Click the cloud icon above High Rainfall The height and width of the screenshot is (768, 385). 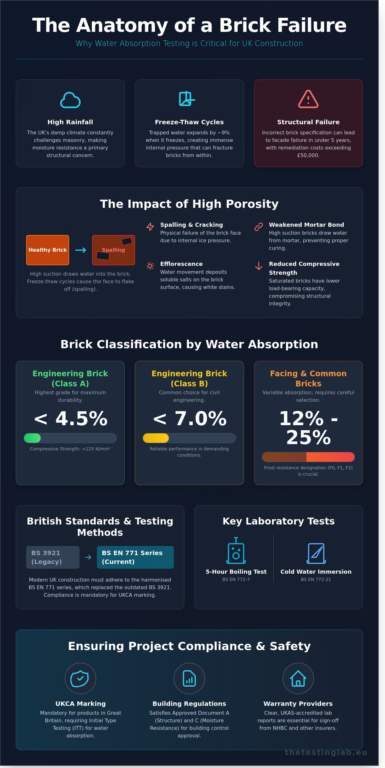pos(70,100)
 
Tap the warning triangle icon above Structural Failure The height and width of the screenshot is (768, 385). pos(308,99)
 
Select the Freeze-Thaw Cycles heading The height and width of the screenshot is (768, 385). pos(189,122)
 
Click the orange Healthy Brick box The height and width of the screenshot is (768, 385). pos(48,250)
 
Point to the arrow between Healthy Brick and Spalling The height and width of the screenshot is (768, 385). pos(80,250)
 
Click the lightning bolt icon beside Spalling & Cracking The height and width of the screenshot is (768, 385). pos(150,226)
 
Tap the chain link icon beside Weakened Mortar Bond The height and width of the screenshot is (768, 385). pos(259,227)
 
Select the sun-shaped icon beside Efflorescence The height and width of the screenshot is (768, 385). pos(150,266)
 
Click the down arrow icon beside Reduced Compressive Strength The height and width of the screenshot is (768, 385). pos(259,266)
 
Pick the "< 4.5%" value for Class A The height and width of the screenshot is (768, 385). pos(70,419)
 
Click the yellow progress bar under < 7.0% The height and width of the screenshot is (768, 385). pos(156,438)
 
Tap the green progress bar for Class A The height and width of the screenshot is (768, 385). pos(33,438)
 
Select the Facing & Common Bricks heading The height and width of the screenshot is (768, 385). pos(308,378)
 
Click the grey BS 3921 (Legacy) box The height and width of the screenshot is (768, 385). pos(53,557)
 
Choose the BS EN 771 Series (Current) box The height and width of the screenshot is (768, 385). pos(135,557)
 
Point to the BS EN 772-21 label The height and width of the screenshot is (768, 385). pos(316,579)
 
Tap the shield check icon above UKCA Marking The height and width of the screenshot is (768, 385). pos(80,678)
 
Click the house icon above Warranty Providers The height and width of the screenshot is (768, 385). pos(298,678)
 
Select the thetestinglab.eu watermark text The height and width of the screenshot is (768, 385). pos(326,752)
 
